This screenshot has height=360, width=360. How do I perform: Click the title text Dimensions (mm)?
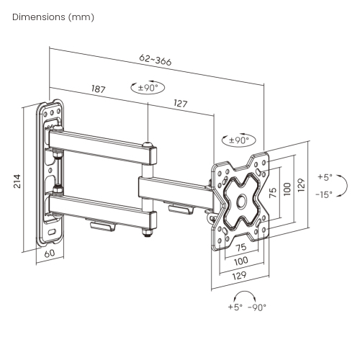point(53,17)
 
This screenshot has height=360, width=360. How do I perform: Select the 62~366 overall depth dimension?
point(156,61)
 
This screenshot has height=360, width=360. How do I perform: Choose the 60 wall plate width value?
point(49,253)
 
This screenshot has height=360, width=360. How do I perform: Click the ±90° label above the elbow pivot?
point(148,88)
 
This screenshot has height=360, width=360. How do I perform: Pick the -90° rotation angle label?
point(256,307)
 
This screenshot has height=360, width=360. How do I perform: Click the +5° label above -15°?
point(326,177)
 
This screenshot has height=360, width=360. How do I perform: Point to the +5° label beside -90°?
point(235,307)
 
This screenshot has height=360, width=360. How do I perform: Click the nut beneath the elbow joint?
point(147,232)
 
